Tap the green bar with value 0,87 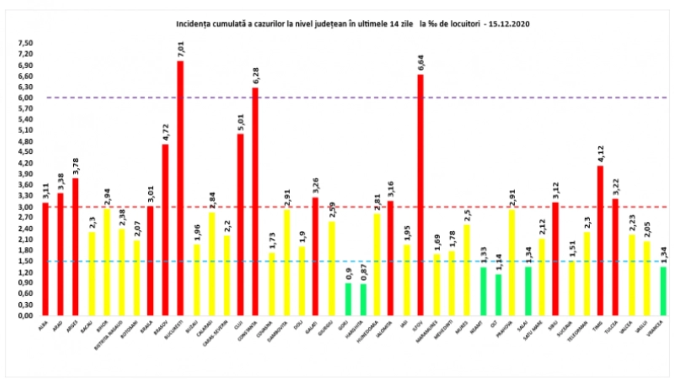click(x=363, y=299)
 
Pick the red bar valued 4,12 click(x=600, y=240)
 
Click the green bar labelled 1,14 click(x=498, y=295)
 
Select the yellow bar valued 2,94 click(x=107, y=262)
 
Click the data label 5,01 click(x=241, y=123)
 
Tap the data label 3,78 click(x=76, y=167)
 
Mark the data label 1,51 click(x=572, y=249)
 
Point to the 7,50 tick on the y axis click(x=25, y=43)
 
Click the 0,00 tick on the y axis click(x=25, y=315)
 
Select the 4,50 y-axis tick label click(x=25, y=152)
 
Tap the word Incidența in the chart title click(x=191, y=24)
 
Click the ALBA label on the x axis click(x=43, y=325)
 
